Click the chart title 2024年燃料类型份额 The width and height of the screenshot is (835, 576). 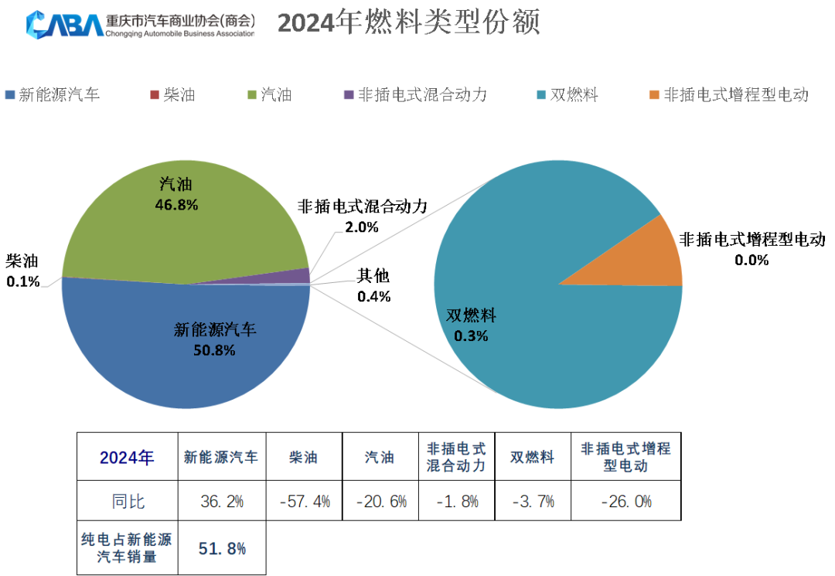(x=408, y=23)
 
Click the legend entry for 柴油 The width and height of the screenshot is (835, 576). (x=172, y=95)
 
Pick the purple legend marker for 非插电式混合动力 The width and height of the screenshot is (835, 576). (x=349, y=95)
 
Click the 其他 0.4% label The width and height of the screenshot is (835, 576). (x=373, y=286)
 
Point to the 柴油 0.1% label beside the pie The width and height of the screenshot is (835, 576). (x=22, y=271)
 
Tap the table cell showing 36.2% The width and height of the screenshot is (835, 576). (x=222, y=501)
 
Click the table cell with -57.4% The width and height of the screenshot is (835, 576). (x=304, y=501)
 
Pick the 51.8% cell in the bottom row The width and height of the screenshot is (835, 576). (x=222, y=549)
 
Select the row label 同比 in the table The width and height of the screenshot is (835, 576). (x=128, y=501)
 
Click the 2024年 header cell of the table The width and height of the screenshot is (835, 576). (x=128, y=457)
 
